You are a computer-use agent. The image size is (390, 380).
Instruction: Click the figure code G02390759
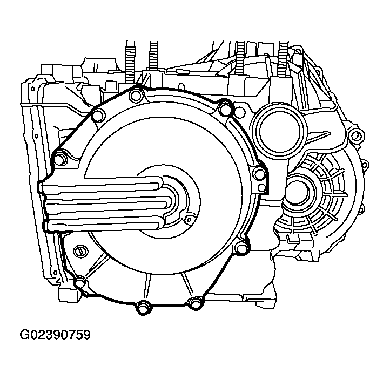click(55, 335)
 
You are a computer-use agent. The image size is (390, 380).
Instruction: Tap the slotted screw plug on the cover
click(81, 252)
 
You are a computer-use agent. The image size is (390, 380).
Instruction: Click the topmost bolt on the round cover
click(136, 96)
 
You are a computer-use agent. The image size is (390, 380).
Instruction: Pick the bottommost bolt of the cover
click(144, 307)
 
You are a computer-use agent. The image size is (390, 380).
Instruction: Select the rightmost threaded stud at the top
click(284, 59)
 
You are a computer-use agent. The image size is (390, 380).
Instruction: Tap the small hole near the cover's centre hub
click(189, 219)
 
